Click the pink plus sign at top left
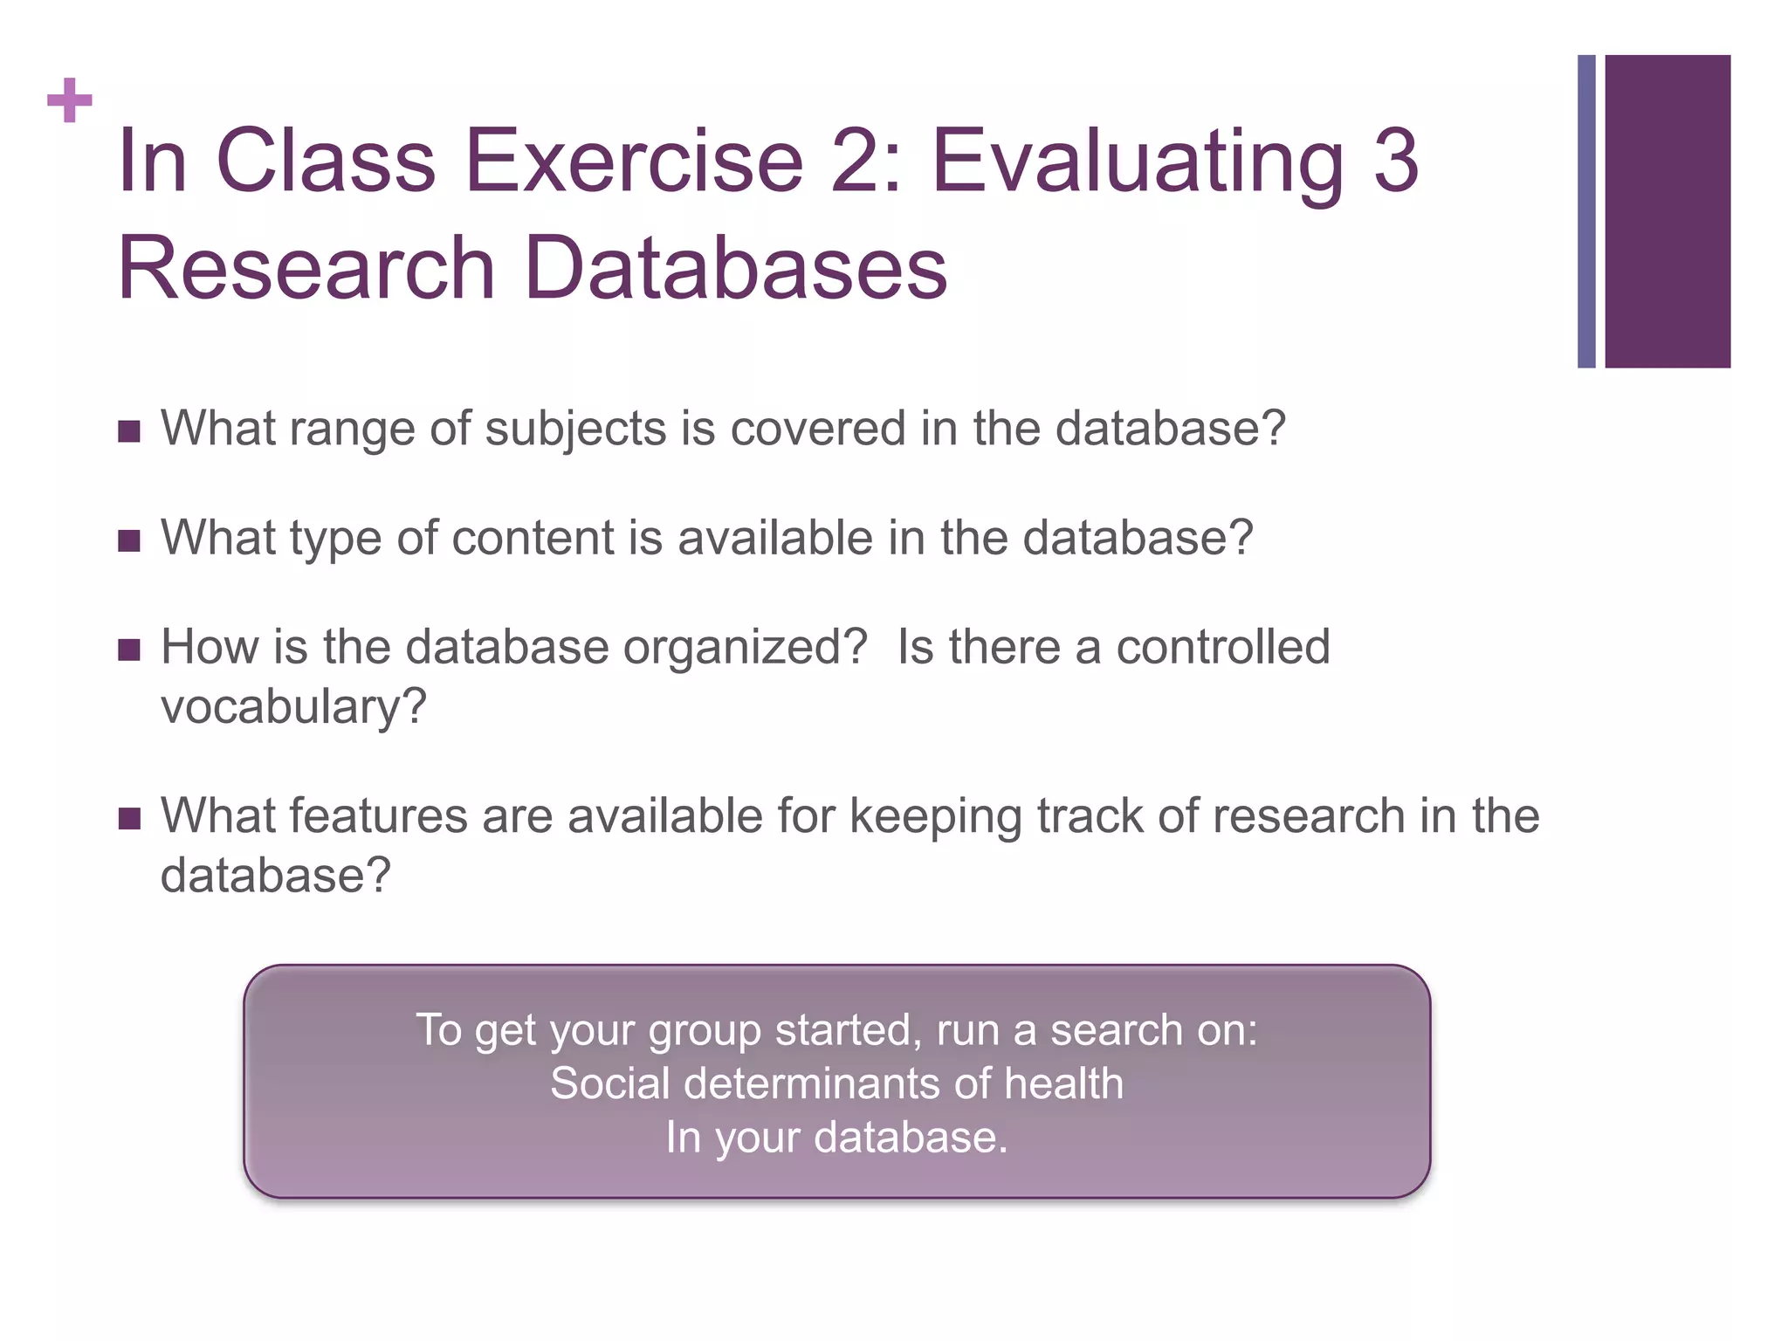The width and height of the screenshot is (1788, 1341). (x=70, y=100)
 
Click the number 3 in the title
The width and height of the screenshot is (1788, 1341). (x=1395, y=161)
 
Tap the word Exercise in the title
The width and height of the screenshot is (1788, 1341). (x=633, y=161)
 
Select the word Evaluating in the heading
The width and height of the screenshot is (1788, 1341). (x=1138, y=162)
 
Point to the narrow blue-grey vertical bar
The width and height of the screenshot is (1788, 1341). (x=1586, y=211)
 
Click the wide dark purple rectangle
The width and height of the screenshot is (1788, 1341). (x=1668, y=211)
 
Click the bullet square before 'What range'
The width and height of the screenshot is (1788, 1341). (x=129, y=431)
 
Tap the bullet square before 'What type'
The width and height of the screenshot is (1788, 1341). (x=129, y=541)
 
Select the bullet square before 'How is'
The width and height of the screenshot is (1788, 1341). (x=129, y=650)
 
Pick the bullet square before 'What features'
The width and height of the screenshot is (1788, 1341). (x=129, y=819)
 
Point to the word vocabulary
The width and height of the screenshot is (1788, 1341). (x=293, y=707)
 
